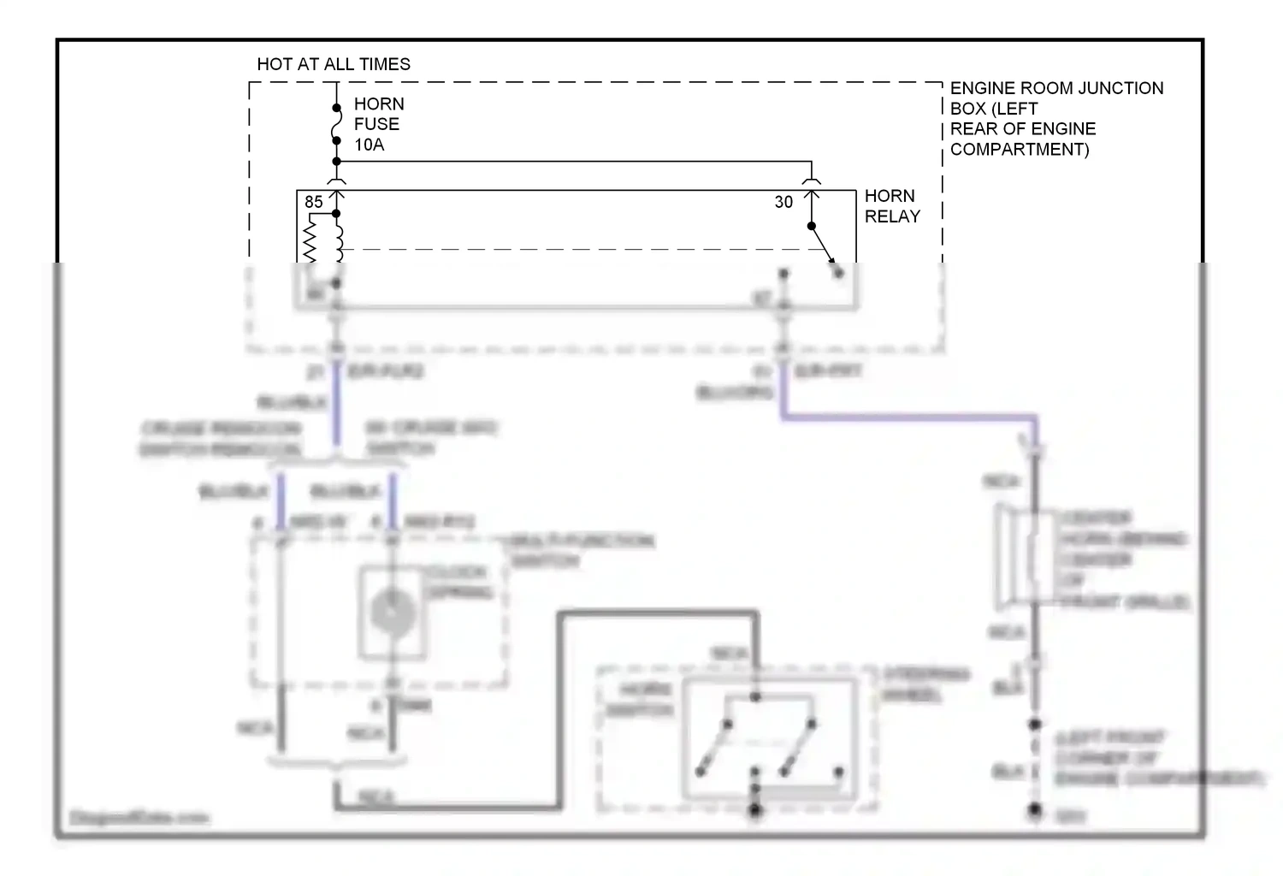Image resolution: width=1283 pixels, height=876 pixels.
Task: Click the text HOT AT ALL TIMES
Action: tap(334, 64)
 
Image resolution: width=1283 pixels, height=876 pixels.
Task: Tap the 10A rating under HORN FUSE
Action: tap(369, 145)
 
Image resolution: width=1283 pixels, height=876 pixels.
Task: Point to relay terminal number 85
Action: tap(314, 202)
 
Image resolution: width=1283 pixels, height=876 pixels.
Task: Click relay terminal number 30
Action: tap(783, 202)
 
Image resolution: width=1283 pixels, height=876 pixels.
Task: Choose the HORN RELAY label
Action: tap(892, 206)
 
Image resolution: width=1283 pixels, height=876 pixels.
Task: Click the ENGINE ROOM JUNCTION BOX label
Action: tap(1056, 118)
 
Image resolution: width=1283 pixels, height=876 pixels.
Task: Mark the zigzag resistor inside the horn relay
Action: tap(310, 240)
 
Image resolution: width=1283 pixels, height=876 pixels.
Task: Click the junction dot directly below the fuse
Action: tap(336, 162)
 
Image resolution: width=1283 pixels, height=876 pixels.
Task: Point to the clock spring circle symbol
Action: tap(393, 613)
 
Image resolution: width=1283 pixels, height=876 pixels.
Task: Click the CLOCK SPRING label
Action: tap(458, 582)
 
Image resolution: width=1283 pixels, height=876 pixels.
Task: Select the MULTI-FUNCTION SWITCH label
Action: tap(582, 550)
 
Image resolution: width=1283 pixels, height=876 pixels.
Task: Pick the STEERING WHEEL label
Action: tap(925, 684)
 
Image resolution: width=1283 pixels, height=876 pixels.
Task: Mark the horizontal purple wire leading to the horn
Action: tap(907, 417)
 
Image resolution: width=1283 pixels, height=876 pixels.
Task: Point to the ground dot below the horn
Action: tap(1035, 809)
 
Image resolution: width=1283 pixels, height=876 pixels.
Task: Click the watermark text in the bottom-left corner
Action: tap(139, 818)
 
